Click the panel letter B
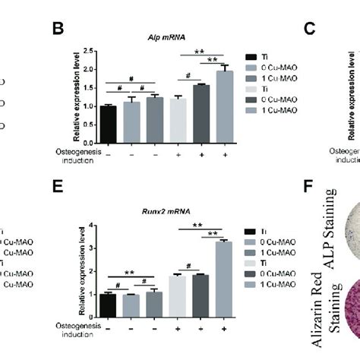56,28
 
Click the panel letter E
56,203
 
